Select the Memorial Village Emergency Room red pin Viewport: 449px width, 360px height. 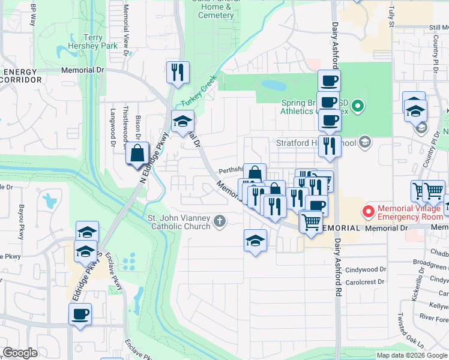pos(368,212)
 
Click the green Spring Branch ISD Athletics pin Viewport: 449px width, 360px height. pos(358,107)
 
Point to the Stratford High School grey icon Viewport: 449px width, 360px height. pos(365,143)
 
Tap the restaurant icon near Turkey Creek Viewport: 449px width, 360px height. pos(178,73)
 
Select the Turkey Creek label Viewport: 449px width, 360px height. pos(199,94)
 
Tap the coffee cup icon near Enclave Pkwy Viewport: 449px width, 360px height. pos(80,314)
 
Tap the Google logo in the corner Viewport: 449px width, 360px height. pos(20,353)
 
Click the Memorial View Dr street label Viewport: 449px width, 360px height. pos(125,30)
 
